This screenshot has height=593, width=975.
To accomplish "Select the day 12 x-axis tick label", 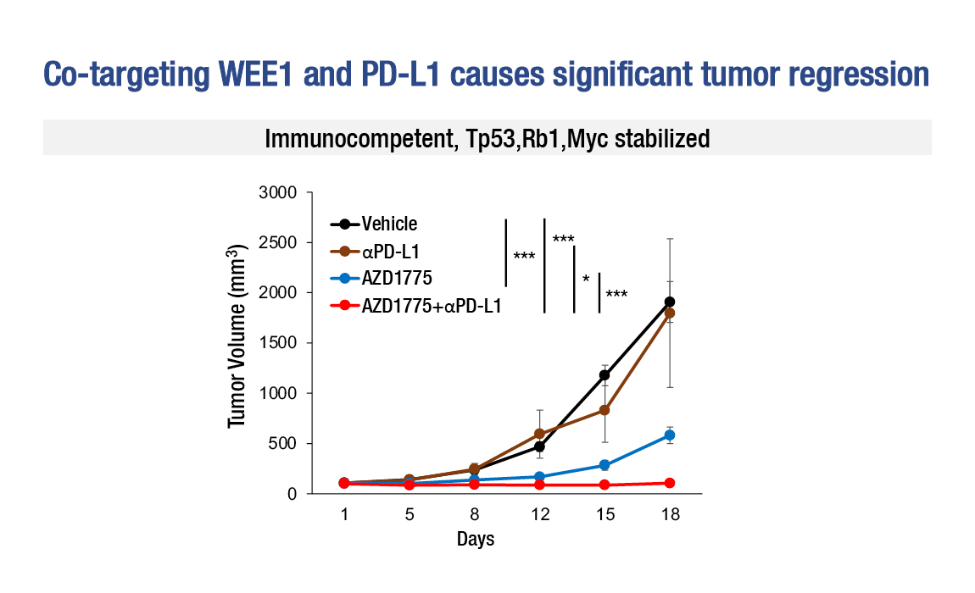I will (x=540, y=514).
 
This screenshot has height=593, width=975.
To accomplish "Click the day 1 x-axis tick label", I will (x=344, y=514).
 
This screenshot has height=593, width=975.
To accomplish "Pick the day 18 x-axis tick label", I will (x=671, y=514).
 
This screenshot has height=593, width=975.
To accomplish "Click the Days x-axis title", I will (x=475, y=539).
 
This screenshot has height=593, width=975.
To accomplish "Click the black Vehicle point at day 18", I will (x=670, y=302).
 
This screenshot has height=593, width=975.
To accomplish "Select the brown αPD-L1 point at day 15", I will (x=604, y=410).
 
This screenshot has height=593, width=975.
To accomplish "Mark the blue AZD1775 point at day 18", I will (x=670, y=435).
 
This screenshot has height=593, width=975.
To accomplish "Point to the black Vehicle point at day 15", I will (x=604, y=374).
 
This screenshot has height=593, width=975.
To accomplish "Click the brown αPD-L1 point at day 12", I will (x=539, y=434).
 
